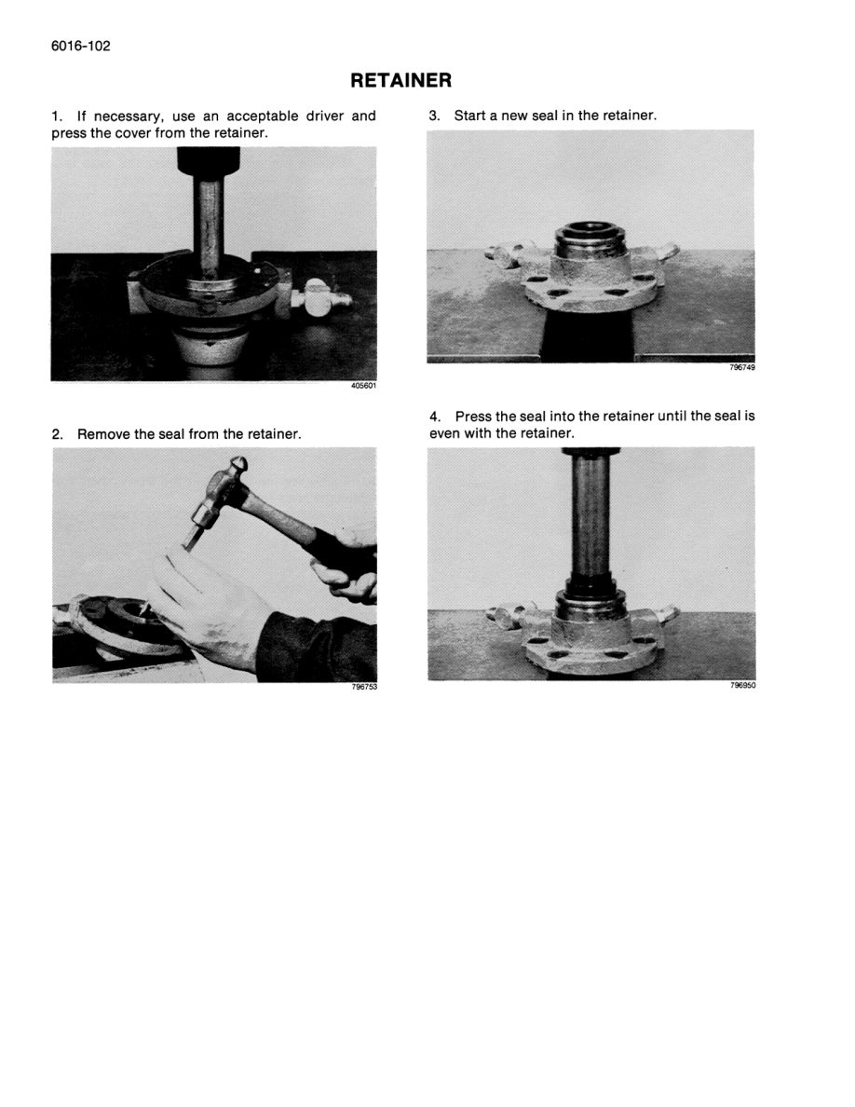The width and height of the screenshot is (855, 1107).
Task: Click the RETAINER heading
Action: tap(400, 80)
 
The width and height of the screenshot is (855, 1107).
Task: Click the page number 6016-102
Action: tap(81, 46)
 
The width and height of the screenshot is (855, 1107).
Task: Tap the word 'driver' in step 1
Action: tap(324, 116)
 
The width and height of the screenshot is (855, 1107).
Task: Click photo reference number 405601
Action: tap(363, 386)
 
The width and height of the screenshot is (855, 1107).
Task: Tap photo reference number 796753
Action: tap(364, 687)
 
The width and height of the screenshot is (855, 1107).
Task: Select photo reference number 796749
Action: tap(742, 367)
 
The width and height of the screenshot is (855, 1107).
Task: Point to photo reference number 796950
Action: tap(742, 685)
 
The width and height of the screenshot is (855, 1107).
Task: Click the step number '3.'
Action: tap(434, 115)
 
